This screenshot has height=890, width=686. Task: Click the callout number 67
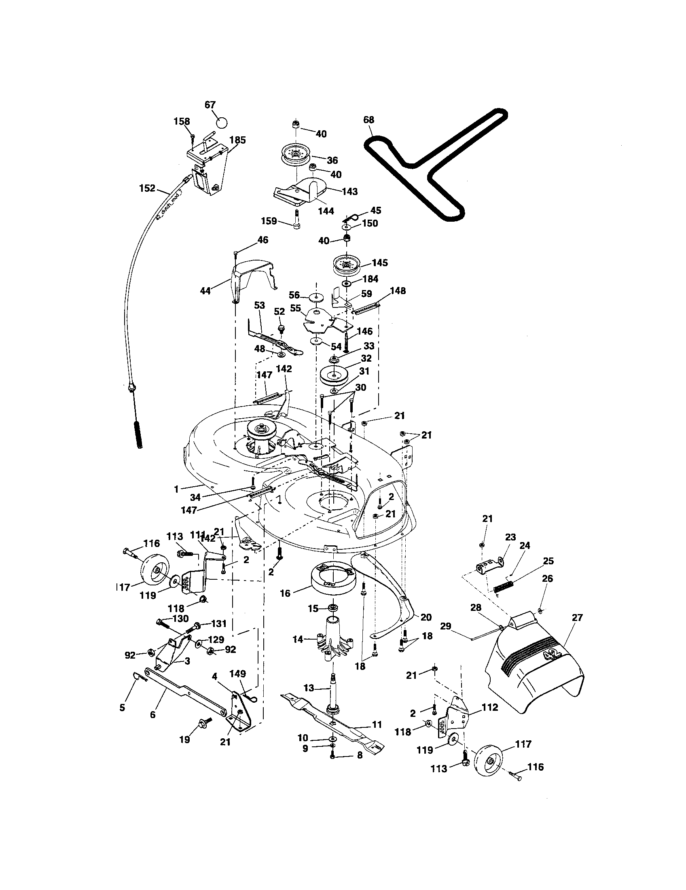coord(210,105)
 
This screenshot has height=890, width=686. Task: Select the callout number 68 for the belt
coord(368,120)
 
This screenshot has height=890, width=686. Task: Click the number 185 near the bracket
coord(237,140)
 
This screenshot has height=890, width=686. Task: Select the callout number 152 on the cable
coord(147,188)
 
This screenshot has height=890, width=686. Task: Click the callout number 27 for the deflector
coord(577,617)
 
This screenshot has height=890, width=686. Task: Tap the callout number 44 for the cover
coord(205,291)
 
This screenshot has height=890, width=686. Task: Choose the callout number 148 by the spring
coord(398,290)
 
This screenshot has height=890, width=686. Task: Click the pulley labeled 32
coord(334,375)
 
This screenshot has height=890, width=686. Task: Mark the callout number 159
coord(269,221)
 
